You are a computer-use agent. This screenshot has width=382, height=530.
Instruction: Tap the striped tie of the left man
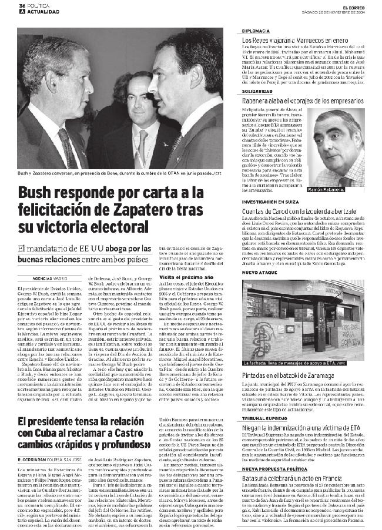pos(66,147)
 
